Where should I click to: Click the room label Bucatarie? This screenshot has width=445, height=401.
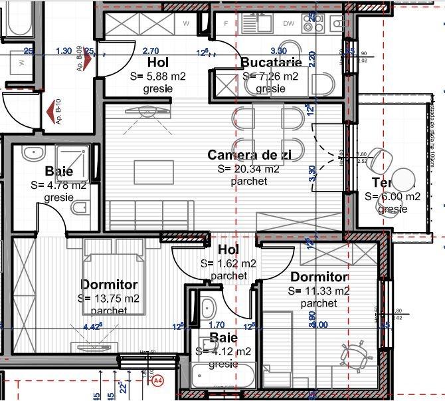click(271, 63)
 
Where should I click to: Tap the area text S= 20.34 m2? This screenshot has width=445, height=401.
click(242, 168)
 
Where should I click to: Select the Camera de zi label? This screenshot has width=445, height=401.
click(250, 154)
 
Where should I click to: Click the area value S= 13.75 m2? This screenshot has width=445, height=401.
click(109, 298)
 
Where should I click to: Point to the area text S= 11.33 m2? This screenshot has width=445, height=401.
click(319, 291)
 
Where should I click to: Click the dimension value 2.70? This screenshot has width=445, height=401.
click(151, 51)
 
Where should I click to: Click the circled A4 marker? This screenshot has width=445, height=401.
click(158, 381)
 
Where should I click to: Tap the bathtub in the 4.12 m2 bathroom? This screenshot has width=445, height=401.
click(223, 376)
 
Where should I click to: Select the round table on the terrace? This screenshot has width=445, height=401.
click(402, 180)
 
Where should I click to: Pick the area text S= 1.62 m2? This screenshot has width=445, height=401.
click(228, 263)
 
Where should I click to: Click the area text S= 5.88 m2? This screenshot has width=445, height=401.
click(157, 76)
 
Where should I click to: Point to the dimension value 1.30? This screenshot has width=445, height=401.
click(64, 51)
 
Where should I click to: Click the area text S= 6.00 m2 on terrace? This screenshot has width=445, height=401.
click(393, 196)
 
